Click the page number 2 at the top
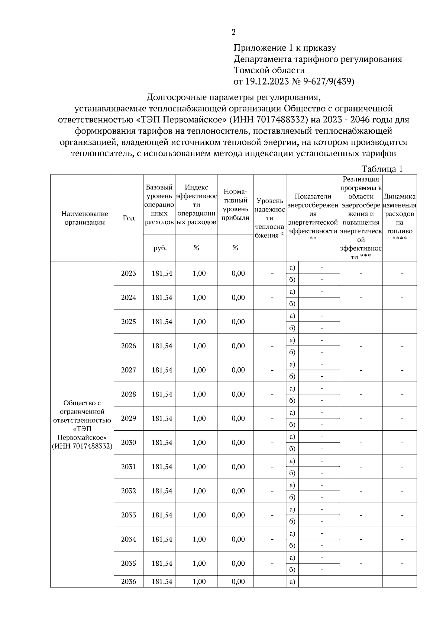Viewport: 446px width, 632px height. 233,32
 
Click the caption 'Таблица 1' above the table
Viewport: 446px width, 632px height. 382,169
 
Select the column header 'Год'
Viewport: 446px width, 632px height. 128,218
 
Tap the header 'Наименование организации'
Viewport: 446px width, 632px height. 85,218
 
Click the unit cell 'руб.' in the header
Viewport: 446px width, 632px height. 159,248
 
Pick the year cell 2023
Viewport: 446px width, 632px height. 128,273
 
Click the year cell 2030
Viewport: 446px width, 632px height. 128,443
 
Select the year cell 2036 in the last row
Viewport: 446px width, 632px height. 128,581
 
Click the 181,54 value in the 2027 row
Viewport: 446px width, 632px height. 162,370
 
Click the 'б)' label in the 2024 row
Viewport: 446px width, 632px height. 292,304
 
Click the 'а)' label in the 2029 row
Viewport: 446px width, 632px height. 292,412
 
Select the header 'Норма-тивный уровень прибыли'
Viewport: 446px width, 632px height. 235,205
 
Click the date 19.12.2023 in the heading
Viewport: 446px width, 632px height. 266,82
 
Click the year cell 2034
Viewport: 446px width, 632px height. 128,539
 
